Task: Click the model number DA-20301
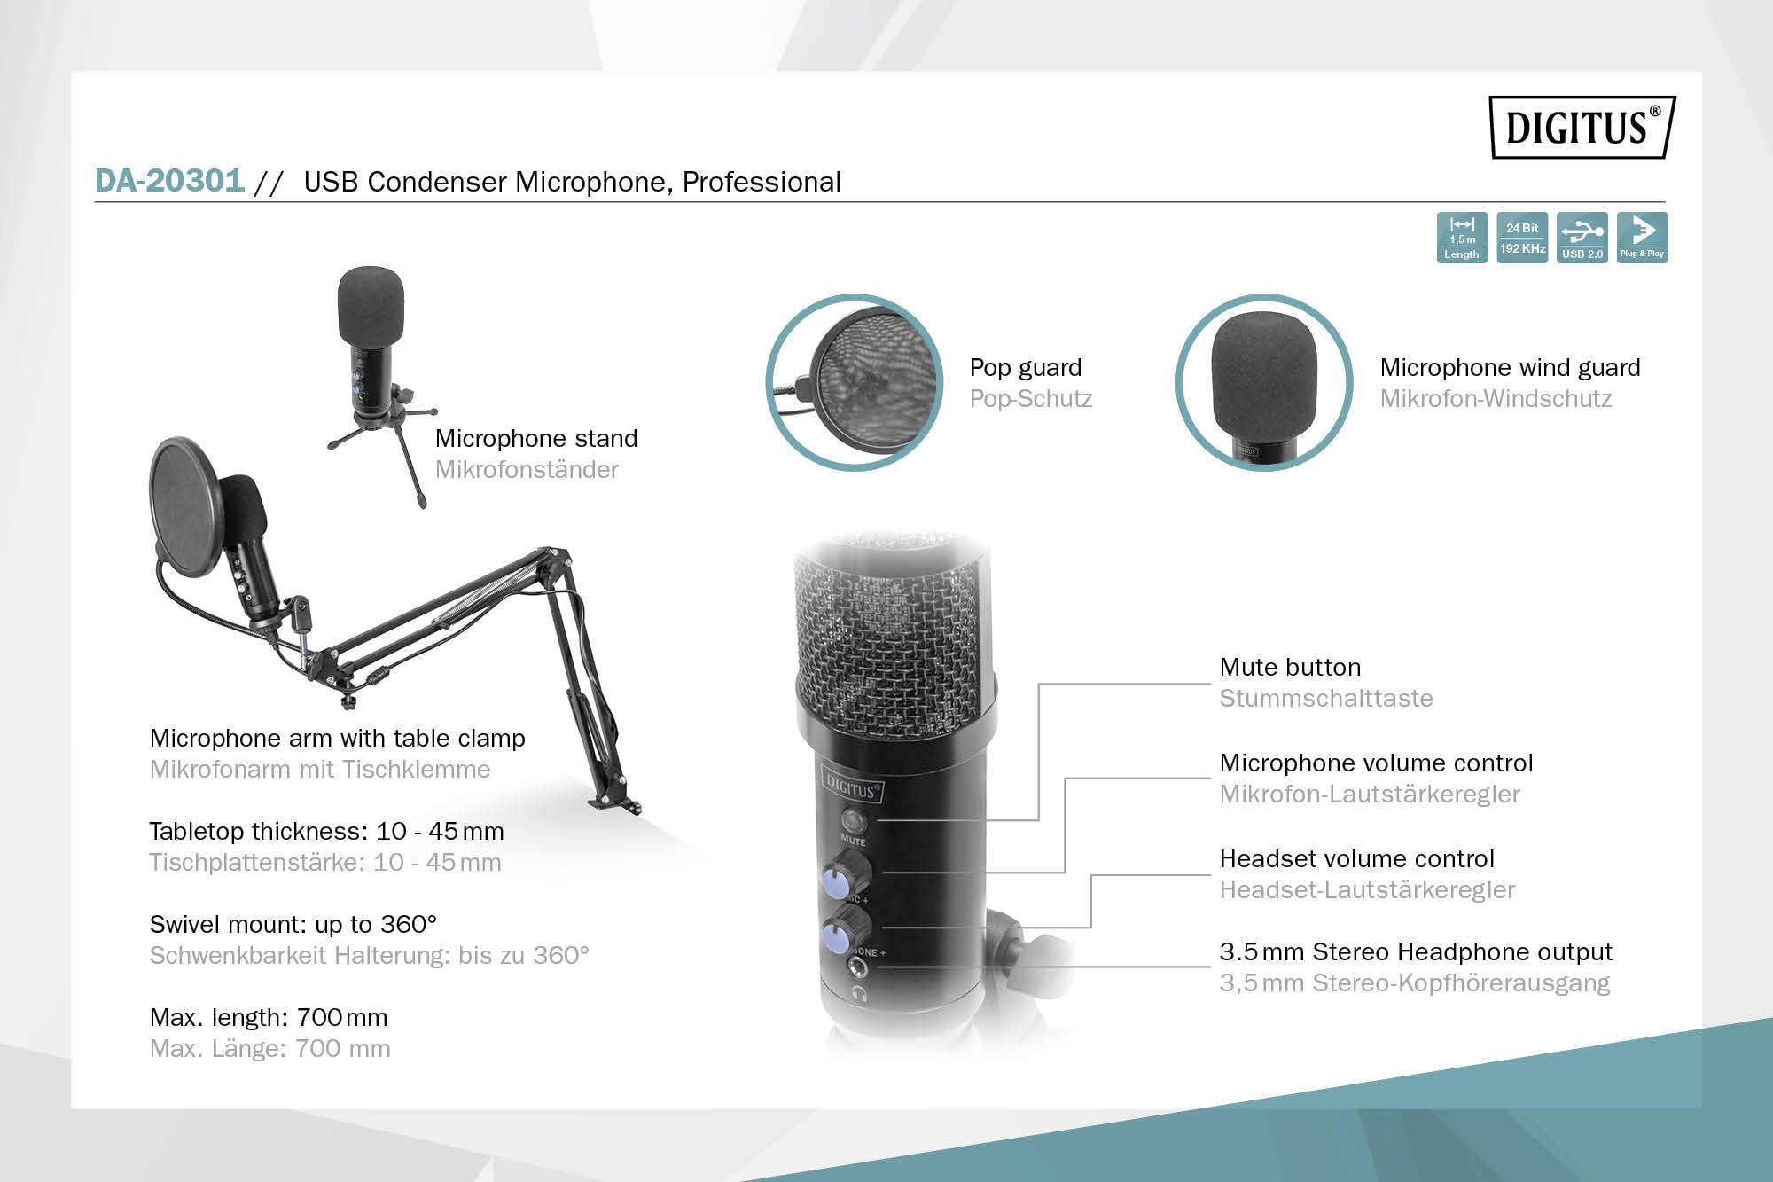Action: (169, 180)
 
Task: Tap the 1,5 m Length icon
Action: (1462, 238)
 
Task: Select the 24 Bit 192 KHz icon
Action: (1522, 238)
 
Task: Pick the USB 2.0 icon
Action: (1582, 238)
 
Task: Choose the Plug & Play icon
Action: (1642, 238)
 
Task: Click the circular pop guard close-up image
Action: (854, 382)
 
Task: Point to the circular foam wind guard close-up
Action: (1263, 382)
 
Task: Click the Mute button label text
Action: (1289, 667)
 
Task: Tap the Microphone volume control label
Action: (1376, 763)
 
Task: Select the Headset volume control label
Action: (1356, 858)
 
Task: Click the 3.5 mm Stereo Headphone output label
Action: (1416, 951)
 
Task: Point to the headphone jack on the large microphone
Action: (858, 967)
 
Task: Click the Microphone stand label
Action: (535, 438)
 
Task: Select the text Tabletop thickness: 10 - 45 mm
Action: (326, 831)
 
